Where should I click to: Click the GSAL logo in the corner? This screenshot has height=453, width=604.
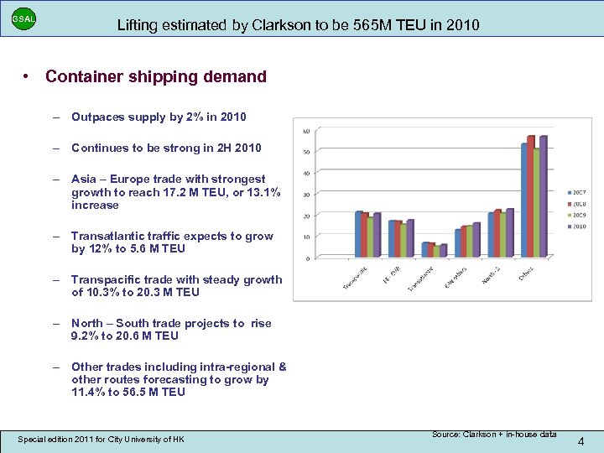click(x=23, y=18)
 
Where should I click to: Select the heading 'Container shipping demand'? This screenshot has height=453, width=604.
click(x=156, y=77)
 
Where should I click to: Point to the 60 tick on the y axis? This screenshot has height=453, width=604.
click(x=306, y=131)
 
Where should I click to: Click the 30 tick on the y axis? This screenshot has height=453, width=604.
click(x=306, y=195)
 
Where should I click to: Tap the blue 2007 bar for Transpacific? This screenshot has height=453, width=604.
click(x=358, y=234)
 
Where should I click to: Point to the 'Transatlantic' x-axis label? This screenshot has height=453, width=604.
click(x=421, y=279)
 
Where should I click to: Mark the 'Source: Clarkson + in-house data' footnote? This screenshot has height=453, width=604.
click(x=494, y=434)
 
